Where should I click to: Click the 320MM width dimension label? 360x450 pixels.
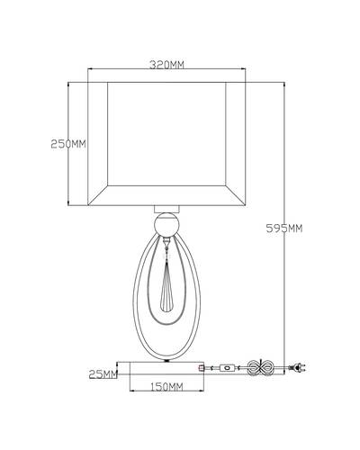click(x=166, y=65)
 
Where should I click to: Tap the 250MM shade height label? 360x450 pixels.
click(x=68, y=144)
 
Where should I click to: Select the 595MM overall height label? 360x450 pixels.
click(x=284, y=229)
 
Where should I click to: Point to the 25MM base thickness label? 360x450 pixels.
click(x=103, y=374)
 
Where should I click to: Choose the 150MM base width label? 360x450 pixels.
click(x=166, y=387)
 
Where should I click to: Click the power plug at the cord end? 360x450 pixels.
click(x=297, y=367)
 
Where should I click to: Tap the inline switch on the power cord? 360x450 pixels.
click(x=228, y=367)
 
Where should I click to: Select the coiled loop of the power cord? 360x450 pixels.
click(x=260, y=367)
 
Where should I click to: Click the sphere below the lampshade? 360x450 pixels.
click(x=166, y=224)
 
